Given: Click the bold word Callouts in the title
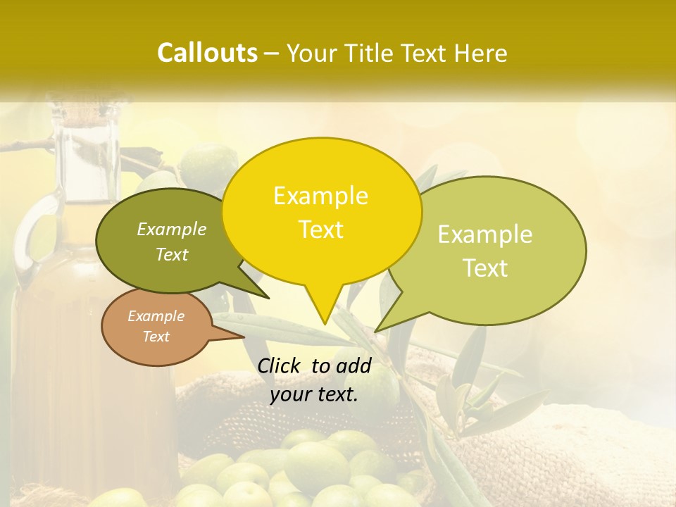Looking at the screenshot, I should (207, 53).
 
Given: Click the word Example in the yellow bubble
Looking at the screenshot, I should (320, 196).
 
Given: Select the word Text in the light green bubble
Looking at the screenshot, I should (486, 268).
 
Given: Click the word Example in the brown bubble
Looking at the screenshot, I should (156, 316).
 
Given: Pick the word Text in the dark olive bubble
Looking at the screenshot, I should (172, 255).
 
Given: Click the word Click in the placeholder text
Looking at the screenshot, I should (280, 365).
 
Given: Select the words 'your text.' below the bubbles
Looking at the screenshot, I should (314, 394).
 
